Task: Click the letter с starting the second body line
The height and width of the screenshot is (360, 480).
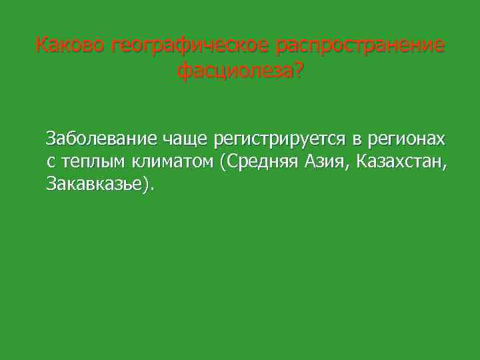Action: coord(50,162)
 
